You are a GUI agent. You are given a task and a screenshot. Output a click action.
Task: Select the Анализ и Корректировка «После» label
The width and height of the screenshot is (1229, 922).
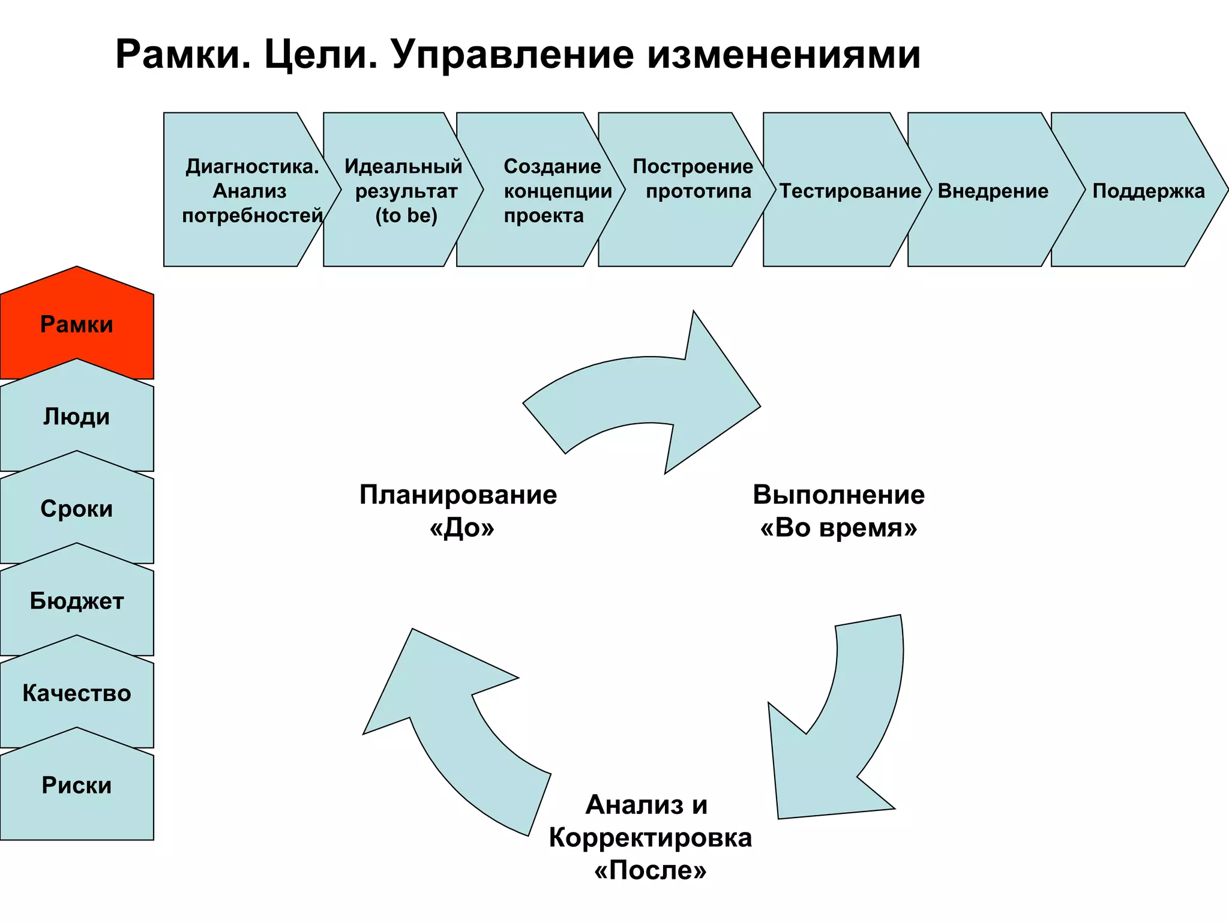650,837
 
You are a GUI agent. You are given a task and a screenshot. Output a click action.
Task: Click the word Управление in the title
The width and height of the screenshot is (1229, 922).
512,55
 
